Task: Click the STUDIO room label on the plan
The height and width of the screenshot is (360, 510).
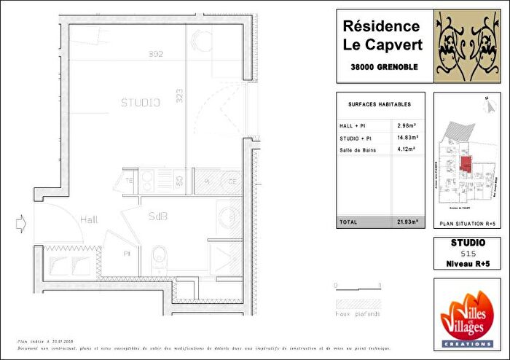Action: click(140, 103)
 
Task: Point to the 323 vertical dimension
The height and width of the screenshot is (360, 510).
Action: click(179, 95)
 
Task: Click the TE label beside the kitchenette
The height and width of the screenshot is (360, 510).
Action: click(128, 180)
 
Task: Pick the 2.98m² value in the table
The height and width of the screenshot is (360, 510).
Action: click(407, 124)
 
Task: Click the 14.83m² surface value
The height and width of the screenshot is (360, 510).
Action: click(408, 137)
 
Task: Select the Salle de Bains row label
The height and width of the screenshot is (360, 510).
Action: click(356, 150)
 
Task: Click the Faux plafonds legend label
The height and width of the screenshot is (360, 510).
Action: click(358, 314)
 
